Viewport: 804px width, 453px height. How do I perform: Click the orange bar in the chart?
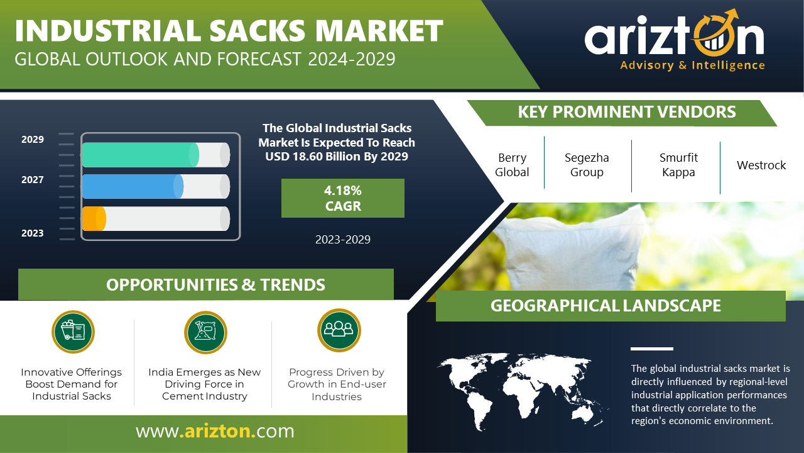point(94,218)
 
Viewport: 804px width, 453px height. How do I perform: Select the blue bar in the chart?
point(133,187)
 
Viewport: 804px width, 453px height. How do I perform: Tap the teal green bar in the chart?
point(140,155)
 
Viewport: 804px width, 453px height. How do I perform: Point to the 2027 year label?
point(32,180)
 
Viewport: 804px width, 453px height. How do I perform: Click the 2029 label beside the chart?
point(32,140)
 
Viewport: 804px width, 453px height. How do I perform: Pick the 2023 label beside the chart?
point(32,233)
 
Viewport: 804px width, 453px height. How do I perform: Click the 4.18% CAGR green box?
point(343,198)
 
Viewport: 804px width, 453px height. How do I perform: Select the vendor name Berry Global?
point(512,165)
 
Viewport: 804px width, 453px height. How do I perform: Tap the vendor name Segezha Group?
point(587,165)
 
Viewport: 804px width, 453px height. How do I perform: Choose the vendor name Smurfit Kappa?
point(678,165)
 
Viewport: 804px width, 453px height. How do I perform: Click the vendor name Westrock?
point(761,165)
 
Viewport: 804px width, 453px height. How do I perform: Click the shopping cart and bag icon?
point(73,332)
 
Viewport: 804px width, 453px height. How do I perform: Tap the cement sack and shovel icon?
point(205,332)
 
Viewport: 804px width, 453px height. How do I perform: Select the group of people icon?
point(339,330)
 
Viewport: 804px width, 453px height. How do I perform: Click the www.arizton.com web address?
point(215,431)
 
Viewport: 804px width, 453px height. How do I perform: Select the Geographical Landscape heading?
point(606,306)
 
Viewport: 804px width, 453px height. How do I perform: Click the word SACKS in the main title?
point(258,31)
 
